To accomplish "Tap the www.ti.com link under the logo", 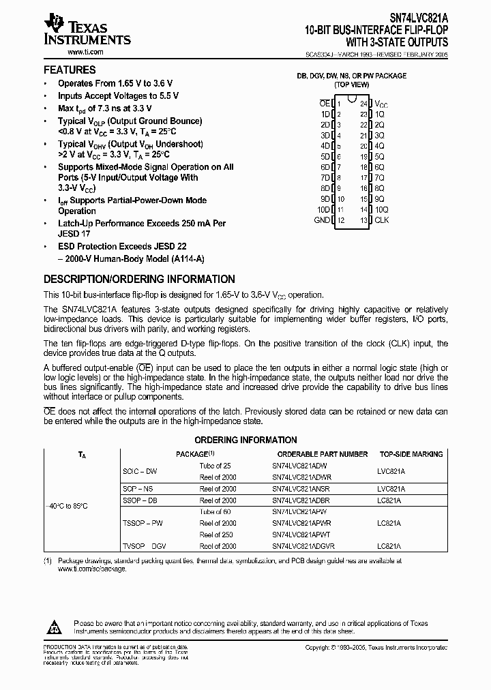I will click(x=67, y=52).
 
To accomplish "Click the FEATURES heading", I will click(x=70, y=70).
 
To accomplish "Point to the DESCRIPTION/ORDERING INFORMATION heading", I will click(x=139, y=279).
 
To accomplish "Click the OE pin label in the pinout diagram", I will click(x=325, y=103).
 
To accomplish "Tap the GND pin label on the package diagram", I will click(x=321, y=220).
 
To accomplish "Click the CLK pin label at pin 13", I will click(x=381, y=220).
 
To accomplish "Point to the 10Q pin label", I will click(x=381, y=209).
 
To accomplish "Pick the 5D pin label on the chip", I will click(x=325, y=156).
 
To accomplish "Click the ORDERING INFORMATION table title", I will click(x=245, y=440).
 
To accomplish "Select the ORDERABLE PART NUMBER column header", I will click(x=323, y=454).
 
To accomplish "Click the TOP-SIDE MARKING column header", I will click(x=411, y=454).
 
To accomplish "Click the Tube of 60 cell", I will click(x=215, y=511).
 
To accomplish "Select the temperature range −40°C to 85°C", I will click(x=66, y=505).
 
